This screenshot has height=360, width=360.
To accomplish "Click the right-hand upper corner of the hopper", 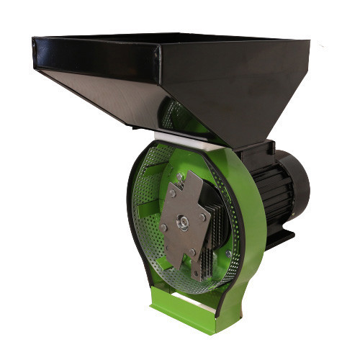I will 309,41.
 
